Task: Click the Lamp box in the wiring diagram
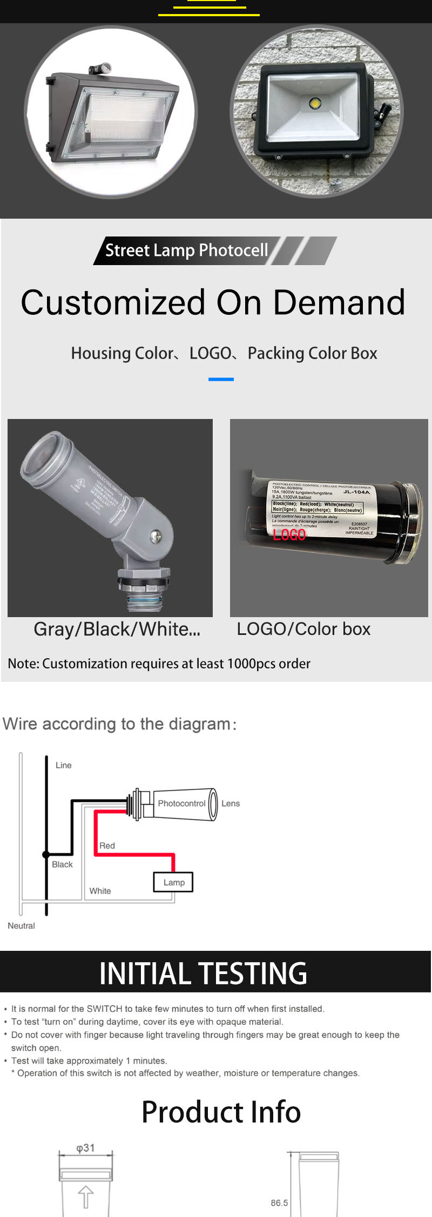173,882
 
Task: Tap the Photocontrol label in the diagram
181,803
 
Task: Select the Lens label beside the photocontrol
231,803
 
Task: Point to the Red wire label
107,845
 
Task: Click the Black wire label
62,864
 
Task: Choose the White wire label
100,890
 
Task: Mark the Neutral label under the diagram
21,925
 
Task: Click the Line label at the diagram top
63,765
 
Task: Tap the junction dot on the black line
46,854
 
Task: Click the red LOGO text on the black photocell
289,535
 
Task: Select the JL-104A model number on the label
356,492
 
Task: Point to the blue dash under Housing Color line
221,379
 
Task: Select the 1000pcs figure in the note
251,663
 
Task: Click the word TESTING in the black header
253,973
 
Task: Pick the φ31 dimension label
85,1147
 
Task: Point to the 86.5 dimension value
279,1202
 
